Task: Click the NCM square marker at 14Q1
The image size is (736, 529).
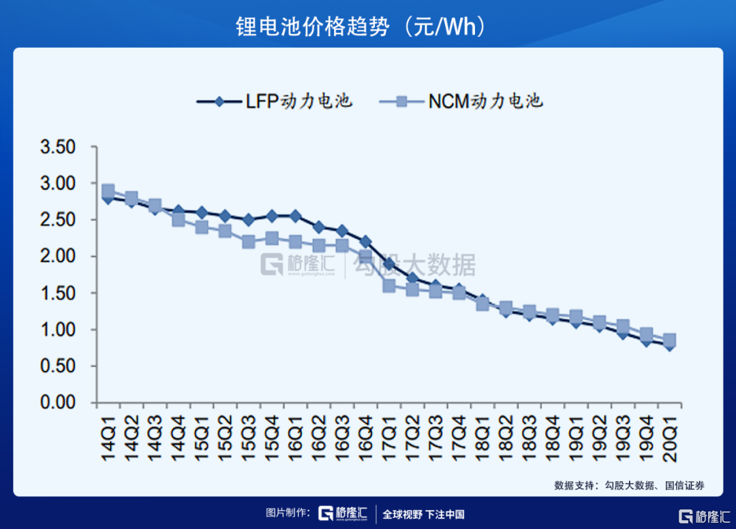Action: coord(108,191)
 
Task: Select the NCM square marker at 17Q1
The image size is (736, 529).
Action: coord(389,286)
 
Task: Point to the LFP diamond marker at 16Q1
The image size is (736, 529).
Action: coord(295,217)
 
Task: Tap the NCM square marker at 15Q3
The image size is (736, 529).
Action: coord(248,242)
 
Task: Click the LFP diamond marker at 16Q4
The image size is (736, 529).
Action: coord(365,242)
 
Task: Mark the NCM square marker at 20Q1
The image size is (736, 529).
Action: coord(670,340)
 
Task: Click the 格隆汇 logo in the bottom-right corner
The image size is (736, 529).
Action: coord(702,514)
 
